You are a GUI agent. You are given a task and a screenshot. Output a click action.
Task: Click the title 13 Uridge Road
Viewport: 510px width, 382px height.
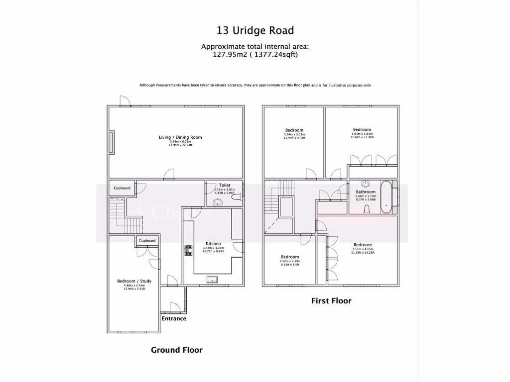(255, 30)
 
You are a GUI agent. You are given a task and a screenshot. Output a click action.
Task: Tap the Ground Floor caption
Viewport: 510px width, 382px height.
(177, 350)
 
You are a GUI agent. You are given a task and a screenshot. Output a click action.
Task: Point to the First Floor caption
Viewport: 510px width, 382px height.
(331, 301)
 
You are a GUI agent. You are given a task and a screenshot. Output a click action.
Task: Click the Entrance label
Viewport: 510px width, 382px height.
(173, 318)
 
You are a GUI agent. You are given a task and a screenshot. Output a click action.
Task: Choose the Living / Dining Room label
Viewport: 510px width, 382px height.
(180, 137)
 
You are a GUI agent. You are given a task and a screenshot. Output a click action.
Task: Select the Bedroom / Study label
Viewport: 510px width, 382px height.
(134, 281)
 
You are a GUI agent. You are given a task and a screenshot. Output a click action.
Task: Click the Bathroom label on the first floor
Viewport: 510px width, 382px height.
(366, 191)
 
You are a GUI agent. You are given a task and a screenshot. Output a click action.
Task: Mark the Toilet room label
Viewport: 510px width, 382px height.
(224, 185)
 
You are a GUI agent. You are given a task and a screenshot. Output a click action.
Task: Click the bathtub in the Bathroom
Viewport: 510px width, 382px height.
(386, 197)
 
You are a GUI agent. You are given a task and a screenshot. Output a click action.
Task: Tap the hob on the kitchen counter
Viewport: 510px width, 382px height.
(189, 250)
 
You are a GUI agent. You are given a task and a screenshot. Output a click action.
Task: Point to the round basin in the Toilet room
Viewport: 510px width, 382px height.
(217, 202)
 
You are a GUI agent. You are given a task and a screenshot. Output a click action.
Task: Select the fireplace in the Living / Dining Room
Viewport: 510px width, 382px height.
(112, 144)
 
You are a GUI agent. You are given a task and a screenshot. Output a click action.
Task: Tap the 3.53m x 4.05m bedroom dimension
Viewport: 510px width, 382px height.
(362, 249)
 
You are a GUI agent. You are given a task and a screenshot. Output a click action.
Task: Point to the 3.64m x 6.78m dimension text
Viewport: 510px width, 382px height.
(180, 142)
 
